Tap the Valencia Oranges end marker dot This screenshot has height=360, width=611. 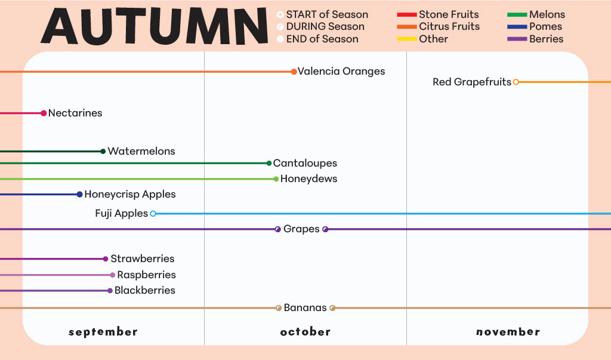click(294, 72)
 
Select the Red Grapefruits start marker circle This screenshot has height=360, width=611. click(516, 82)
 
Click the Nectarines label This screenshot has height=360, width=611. click(75, 113)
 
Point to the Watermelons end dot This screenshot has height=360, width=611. click(103, 151)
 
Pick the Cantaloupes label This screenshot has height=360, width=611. click(305, 163)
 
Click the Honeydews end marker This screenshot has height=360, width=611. click(276, 179)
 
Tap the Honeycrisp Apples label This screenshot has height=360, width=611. click(130, 194)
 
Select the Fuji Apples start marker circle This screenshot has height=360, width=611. click(153, 213)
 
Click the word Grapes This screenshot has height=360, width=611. click(301, 229)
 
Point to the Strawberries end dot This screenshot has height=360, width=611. click(106, 259)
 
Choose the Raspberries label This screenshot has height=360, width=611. click(146, 275)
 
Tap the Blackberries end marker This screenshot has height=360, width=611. click(110, 291)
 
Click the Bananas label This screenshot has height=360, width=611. click(305, 308)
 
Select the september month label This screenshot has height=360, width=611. click(103, 332)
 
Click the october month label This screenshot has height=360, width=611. click(305, 332)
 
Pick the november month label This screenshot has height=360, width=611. click(508, 332)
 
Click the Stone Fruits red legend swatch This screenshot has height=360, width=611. click(406, 14)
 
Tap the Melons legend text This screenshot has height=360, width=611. click(547, 14)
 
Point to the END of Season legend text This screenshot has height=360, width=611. click(322, 39)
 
